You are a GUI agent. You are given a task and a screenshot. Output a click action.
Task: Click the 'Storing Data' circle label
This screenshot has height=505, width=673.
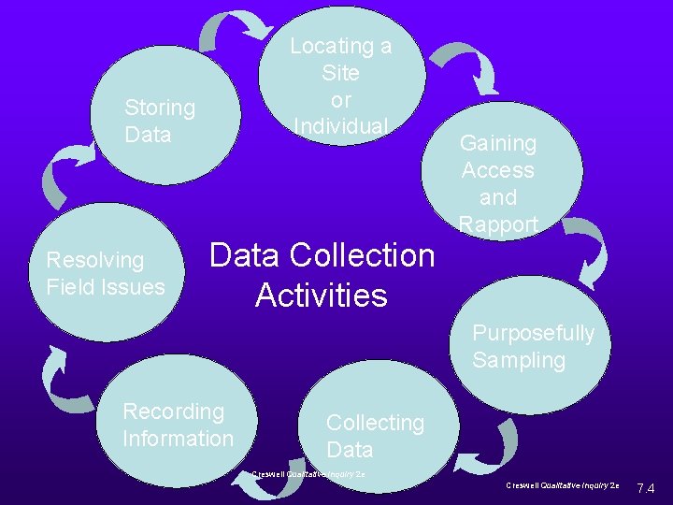tap(160, 121)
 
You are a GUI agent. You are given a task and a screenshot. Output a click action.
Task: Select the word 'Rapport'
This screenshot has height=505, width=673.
tap(498, 224)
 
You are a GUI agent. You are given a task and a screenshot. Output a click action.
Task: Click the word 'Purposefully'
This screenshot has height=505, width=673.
tap(533, 333)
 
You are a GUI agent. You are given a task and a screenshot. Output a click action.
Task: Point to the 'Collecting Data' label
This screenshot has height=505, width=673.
tap(374, 436)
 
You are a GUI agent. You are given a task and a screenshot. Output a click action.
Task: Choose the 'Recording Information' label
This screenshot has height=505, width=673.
tap(178, 425)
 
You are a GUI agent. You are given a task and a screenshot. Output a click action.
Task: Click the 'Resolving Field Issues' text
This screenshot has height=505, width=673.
tap(105, 273)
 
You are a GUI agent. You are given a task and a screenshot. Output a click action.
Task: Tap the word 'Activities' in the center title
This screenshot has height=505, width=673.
tap(321, 296)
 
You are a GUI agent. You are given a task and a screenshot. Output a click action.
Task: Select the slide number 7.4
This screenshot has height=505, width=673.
tap(645, 488)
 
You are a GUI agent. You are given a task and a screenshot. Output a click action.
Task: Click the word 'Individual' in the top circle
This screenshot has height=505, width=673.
tap(340, 125)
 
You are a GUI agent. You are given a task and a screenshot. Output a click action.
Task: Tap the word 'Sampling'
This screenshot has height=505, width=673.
tap(519, 360)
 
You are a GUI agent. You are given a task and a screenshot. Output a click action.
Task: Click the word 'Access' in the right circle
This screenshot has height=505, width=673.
tap(498, 170)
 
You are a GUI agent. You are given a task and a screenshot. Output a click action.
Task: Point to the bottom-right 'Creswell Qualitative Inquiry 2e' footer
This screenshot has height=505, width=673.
tap(563, 486)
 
